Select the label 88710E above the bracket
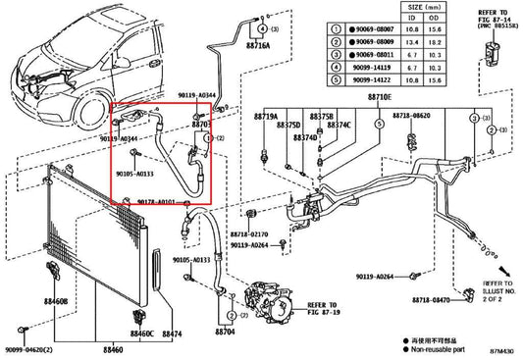[x=379, y=99]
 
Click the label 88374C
[x=340, y=126]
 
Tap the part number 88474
[x=172, y=334]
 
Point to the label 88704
[x=227, y=332]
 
